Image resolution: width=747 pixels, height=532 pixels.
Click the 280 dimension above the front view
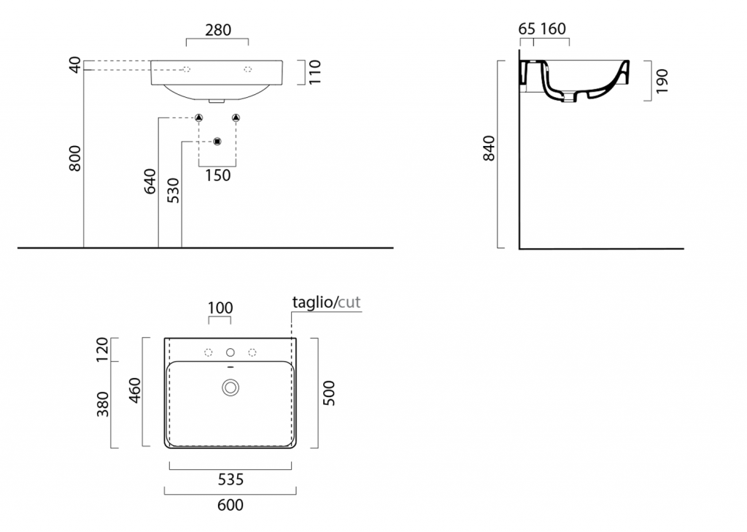pos(218,30)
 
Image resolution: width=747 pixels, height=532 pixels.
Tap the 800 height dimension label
pos(75,159)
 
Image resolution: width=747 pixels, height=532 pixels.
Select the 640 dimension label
pos(150,181)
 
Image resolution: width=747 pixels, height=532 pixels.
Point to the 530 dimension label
pos(174,190)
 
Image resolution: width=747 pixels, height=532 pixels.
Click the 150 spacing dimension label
pos(217,175)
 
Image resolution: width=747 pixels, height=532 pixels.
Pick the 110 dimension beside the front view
pos(315,72)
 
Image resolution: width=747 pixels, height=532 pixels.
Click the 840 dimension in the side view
pos(489,148)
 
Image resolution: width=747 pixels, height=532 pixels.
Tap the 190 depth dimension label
pos(662,81)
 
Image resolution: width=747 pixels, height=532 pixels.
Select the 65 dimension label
pos(527,29)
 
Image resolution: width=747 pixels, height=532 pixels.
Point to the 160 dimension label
pos(553,29)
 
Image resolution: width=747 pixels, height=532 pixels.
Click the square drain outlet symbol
pos(217,141)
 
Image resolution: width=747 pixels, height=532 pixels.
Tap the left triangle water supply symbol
pos(198,117)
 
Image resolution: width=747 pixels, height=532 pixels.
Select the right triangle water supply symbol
pos(236,117)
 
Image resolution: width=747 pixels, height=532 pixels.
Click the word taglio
pos(312,302)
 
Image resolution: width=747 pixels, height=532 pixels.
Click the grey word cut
pos(349,302)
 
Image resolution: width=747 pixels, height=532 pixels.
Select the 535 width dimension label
pos(231,479)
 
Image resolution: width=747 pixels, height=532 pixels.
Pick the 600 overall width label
pos(230,505)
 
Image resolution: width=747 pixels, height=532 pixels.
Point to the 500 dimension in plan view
pos(329,393)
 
